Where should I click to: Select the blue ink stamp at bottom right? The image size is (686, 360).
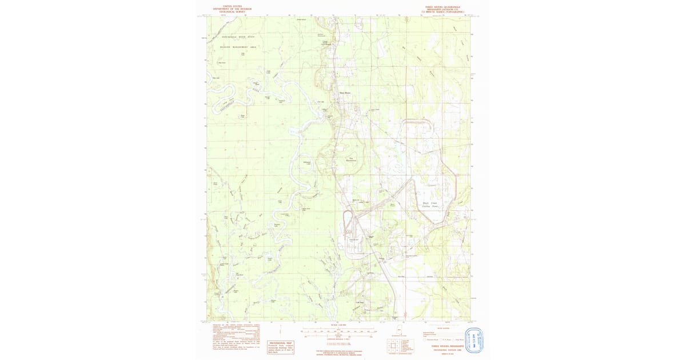[x=475, y=340]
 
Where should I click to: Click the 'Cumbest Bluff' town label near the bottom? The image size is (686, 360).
[x=360, y=302]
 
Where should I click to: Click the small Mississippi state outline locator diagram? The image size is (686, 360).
[x=398, y=330]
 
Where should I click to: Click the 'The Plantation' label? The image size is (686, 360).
[x=351, y=159]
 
